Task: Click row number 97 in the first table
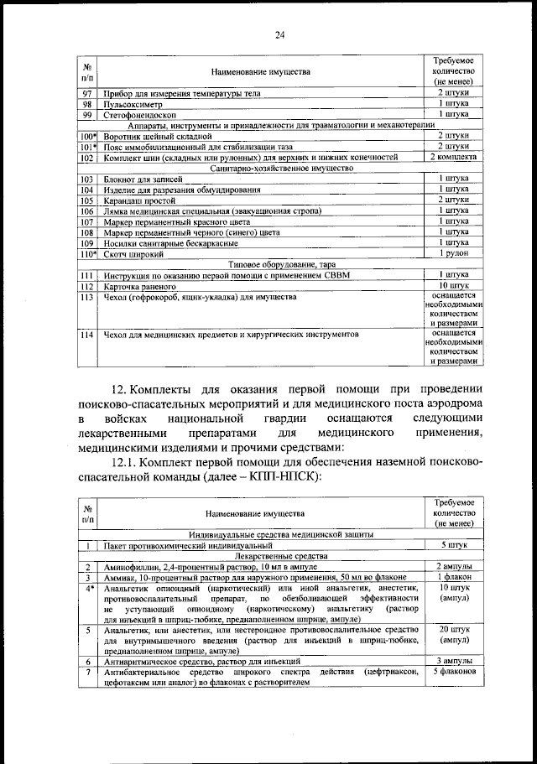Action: pyautogui.click(x=86, y=94)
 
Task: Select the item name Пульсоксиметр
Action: pyautogui.click(x=133, y=105)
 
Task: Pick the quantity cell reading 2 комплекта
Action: pyautogui.click(x=453, y=157)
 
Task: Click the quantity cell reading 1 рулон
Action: pyautogui.click(x=453, y=253)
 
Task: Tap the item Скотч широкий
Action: pyautogui.click(x=133, y=253)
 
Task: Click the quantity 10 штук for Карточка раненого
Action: pyautogui.click(x=453, y=285)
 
